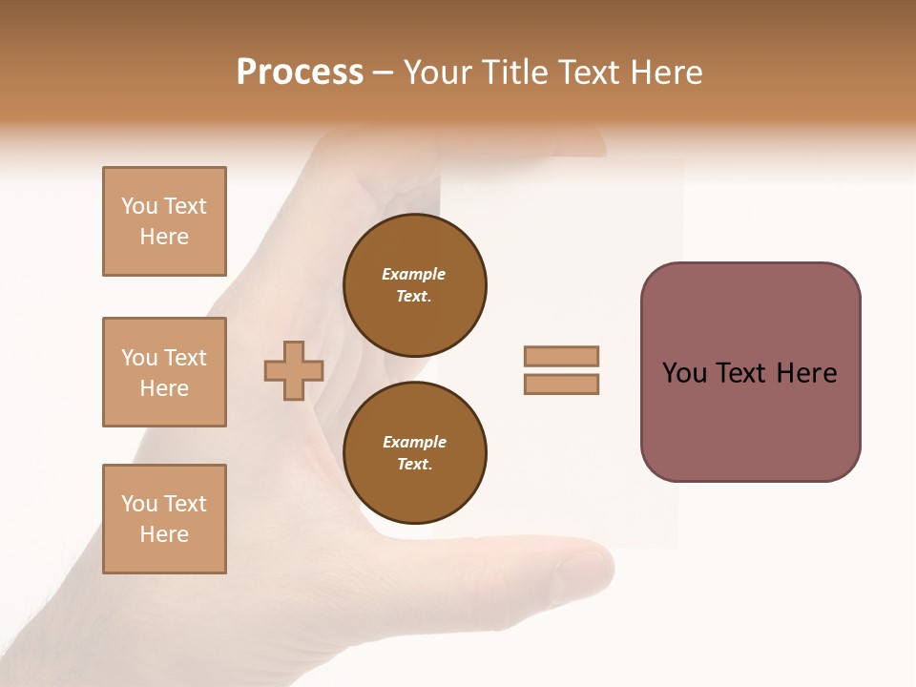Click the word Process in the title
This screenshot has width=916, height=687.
pyautogui.click(x=300, y=73)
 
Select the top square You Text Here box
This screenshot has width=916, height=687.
pyautogui.click(x=164, y=221)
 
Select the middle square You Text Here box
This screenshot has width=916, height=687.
pyautogui.click(x=164, y=372)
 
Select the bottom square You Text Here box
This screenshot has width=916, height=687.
pyautogui.click(x=164, y=519)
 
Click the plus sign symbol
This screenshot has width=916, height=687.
pyautogui.click(x=294, y=370)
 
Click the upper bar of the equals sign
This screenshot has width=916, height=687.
pyautogui.click(x=561, y=356)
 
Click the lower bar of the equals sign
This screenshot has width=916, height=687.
pyautogui.click(x=561, y=384)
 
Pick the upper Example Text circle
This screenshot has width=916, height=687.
pyautogui.click(x=414, y=285)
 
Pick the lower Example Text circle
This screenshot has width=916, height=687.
pyautogui.click(x=414, y=453)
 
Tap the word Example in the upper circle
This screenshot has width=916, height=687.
pyautogui.click(x=414, y=275)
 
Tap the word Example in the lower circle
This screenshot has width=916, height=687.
pyautogui.click(x=414, y=443)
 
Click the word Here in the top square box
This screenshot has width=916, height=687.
pyautogui.click(x=164, y=237)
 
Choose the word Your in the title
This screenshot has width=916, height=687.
pyautogui.click(x=440, y=73)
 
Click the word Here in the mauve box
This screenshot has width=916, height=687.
pyautogui.click(x=806, y=373)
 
